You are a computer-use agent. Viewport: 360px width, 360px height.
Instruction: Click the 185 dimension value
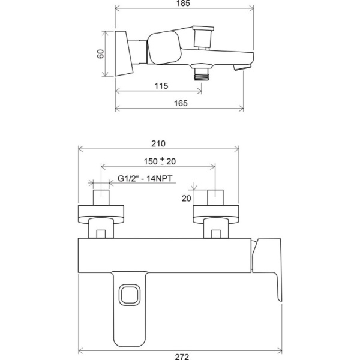pyautogui.click(x=184, y=3)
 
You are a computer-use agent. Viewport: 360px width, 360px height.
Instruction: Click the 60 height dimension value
pyautogui.click(x=101, y=54)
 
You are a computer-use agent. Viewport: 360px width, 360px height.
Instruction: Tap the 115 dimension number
pyautogui.click(x=161, y=86)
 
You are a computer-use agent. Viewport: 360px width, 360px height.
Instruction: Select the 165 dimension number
pyautogui.click(x=181, y=103)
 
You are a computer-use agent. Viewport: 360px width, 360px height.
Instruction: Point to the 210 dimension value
pyautogui.click(x=158, y=144)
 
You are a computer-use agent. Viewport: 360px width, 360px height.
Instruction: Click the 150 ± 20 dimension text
pyautogui.click(x=160, y=161)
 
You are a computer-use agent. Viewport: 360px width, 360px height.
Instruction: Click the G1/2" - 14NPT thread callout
pyautogui.click(x=145, y=178)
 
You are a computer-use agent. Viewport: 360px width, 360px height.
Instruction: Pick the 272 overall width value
pyautogui.click(x=182, y=356)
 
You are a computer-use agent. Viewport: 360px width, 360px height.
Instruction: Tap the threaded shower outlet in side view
pyautogui.click(x=202, y=74)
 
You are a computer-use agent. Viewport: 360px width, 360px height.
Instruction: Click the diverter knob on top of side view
pyautogui.click(x=203, y=37)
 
